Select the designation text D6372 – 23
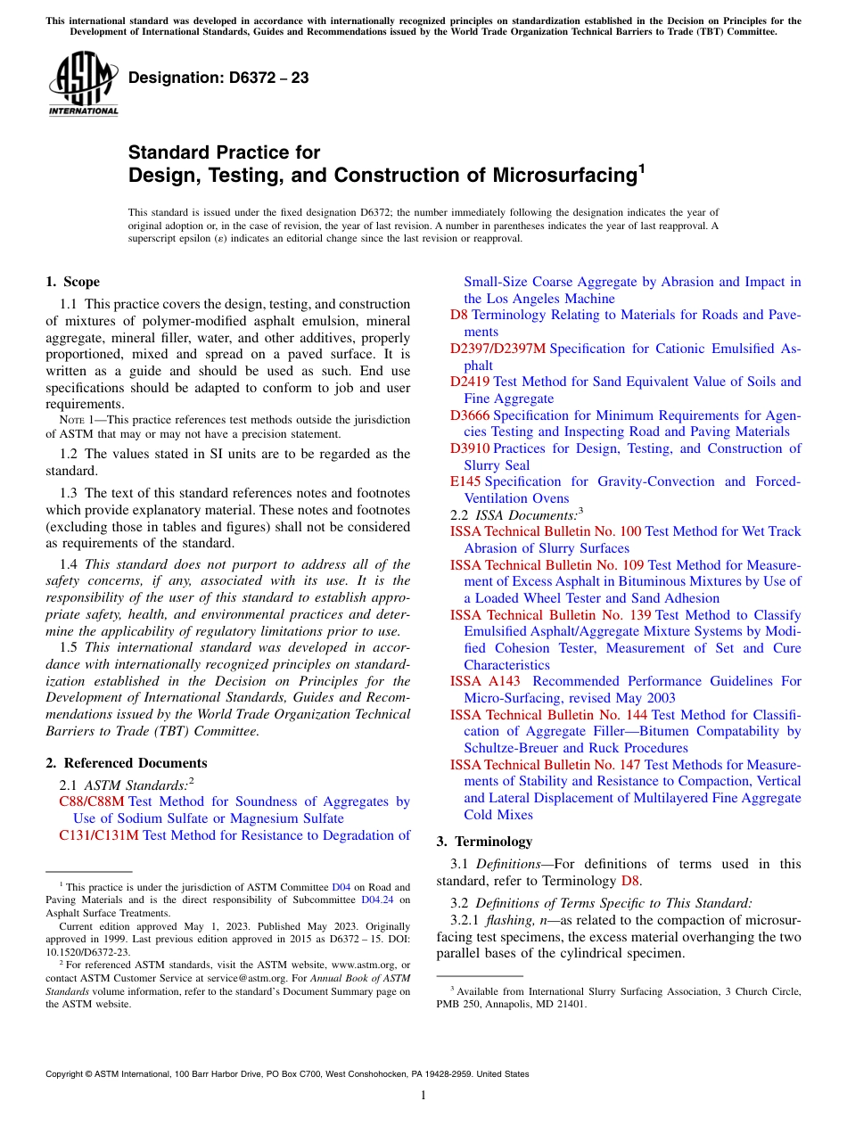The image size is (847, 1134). pyautogui.click(x=218, y=78)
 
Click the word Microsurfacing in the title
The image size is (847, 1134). pyautogui.click(x=561, y=176)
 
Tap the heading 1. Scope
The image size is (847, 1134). pyautogui.click(x=72, y=282)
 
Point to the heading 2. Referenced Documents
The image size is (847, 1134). pyautogui.click(x=127, y=763)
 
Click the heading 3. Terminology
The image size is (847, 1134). pyautogui.click(x=484, y=841)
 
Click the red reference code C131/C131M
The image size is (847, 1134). pyautogui.click(x=98, y=835)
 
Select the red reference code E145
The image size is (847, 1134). pyautogui.click(x=465, y=481)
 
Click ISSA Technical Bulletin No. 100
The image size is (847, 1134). pyautogui.click(x=545, y=531)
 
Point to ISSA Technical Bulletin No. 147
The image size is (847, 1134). pyautogui.click(x=545, y=765)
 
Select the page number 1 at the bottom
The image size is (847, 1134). pyautogui.click(x=423, y=1096)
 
